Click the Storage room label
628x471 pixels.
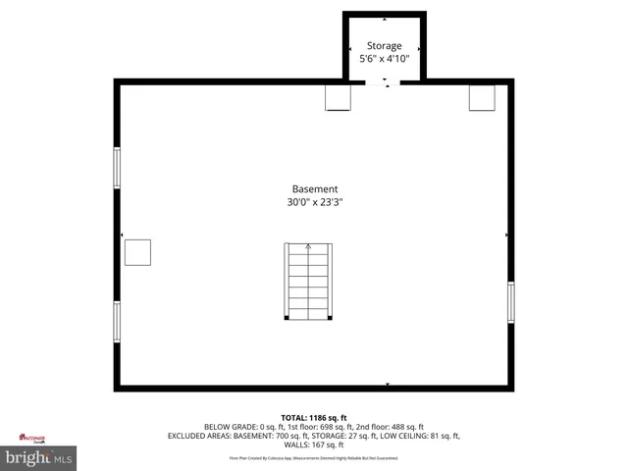point(384,46)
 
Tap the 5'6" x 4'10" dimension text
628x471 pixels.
point(384,60)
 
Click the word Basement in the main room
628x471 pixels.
point(315,189)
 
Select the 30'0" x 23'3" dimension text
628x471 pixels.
point(315,203)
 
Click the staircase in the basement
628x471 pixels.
point(308,281)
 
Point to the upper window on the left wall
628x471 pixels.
point(117,168)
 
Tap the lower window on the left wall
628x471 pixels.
point(117,322)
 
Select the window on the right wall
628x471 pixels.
point(510,301)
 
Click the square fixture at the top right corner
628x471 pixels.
point(481,97)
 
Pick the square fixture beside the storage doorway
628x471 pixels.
point(339,97)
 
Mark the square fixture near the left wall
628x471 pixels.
point(137,252)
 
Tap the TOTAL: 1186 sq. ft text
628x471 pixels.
point(314,418)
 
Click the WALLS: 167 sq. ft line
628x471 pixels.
point(314,445)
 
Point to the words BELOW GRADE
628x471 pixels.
point(231,427)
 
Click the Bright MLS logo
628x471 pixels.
point(39,457)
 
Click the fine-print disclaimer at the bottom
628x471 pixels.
point(314,458)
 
